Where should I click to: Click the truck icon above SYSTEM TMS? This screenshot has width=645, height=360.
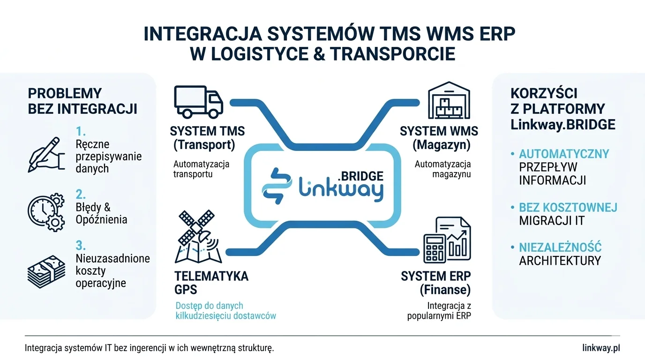[x=198, y=101]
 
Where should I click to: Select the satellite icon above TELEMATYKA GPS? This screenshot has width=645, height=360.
[x=196, y=236]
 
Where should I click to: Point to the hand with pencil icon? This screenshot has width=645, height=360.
[x=44, y=155]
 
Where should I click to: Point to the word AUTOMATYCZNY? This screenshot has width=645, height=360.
[x=564, y=154]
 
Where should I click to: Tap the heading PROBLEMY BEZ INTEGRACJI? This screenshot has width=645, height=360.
[x=82, y=101]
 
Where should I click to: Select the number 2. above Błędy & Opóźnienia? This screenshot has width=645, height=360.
[x=81, y=194]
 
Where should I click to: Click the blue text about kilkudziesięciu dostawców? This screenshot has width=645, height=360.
[x=225, y=311]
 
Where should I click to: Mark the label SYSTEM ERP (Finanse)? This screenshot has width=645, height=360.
[x=435, y=283]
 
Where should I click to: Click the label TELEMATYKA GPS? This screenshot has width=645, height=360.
[x=211, y=283]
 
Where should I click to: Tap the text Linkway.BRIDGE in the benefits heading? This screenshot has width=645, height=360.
[x=562, y=125]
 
